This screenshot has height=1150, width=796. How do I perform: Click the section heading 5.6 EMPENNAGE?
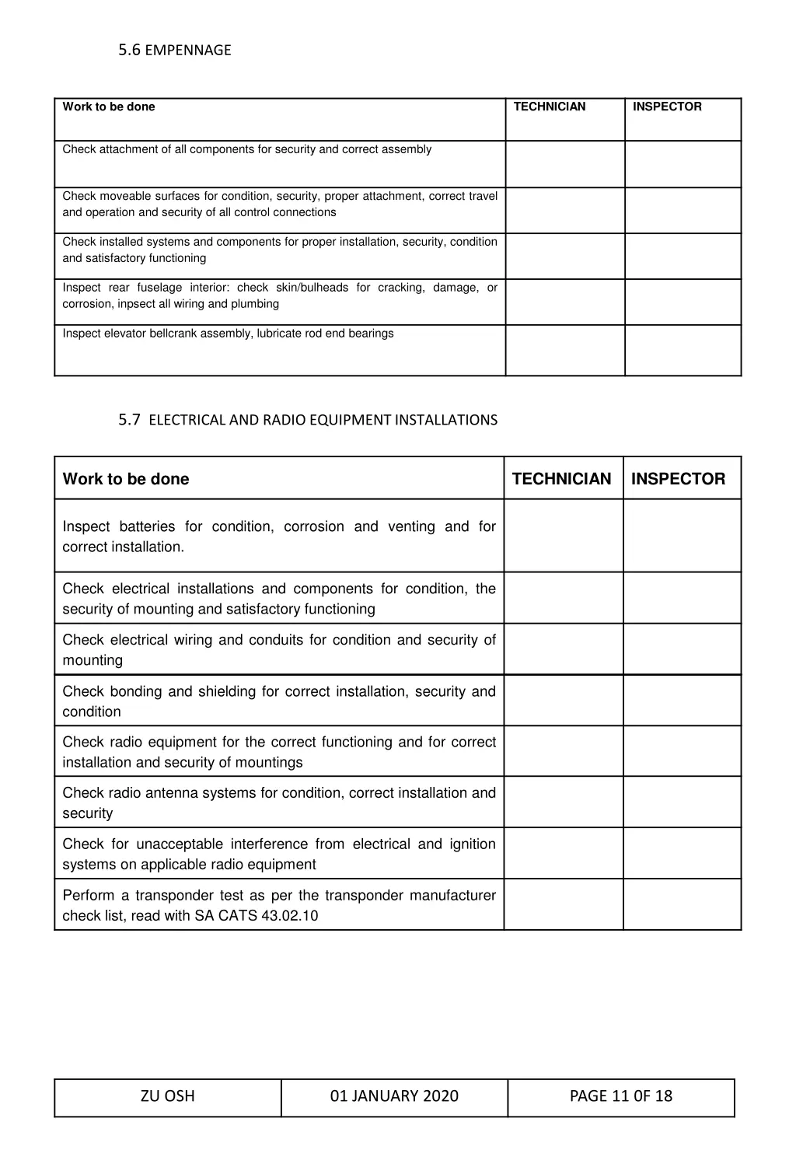coord(175,51)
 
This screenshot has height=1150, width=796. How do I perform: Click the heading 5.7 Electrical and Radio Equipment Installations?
coord(308,420)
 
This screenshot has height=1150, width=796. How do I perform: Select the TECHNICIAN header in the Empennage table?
coord(550,107)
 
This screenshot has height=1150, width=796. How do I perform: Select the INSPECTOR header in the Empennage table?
coord(667,107)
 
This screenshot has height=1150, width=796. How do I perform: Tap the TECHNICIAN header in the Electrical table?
coord(562,479)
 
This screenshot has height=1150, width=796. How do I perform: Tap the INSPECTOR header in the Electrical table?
coord(678,479)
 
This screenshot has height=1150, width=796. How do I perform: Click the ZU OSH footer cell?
coord(168,1096)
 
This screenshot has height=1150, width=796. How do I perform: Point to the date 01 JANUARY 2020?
coord(394,1096)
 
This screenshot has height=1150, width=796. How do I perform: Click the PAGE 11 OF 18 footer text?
coord(621,1096)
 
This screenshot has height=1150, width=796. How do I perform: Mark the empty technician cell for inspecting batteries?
coord(564,536)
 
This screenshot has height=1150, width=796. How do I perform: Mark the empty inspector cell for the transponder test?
coord(682,904)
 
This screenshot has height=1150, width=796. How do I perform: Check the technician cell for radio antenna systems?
coord(564,802)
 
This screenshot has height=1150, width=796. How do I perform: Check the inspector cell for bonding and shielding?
coord(682,701)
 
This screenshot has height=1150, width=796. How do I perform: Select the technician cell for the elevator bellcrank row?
coord(565,350)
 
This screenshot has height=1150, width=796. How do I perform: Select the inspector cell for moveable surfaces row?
coord(683,210)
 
